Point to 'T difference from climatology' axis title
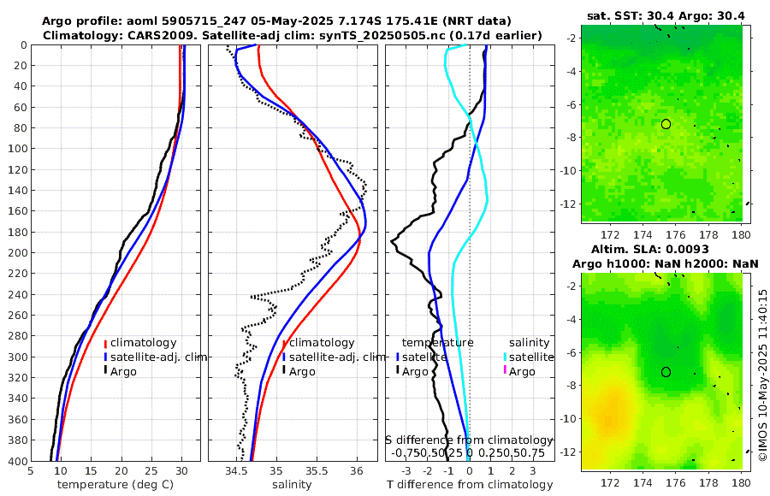470,485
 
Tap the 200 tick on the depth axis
16,253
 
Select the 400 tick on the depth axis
16,462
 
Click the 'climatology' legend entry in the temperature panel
143,342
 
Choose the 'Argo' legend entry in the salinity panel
302,371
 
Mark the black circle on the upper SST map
666,124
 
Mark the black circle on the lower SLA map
666,372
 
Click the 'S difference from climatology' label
470,440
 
